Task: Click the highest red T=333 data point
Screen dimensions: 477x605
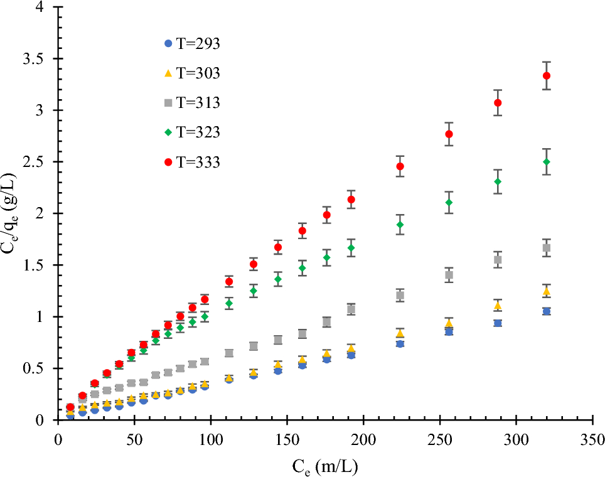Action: click(x=546, y=76)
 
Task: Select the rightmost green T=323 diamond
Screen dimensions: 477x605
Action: click(x=546, y=162)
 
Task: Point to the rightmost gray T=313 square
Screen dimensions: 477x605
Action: click(x=546, y=248)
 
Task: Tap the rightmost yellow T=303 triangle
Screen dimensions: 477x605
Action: click(x=546, y=291)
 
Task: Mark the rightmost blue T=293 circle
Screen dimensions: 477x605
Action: click(x=546, y=311)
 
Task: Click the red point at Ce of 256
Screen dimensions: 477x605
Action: click(x=449, y=134)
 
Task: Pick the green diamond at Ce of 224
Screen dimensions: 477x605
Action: click(x=400, y=225)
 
